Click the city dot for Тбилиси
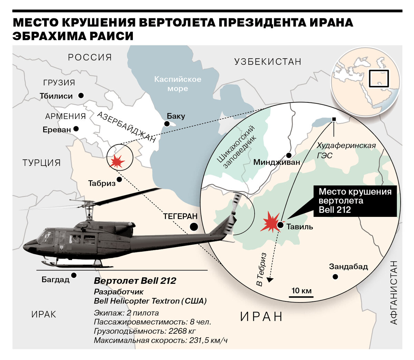[81, 96]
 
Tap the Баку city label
[176, 116]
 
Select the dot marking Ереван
[76, 129]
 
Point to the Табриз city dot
[119, 179]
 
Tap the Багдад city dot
[74, 275]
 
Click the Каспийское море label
[178, 84]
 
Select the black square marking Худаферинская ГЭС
[334, 119]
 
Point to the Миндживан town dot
[289, 156]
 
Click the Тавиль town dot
[280, 226]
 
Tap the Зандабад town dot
[335, 277]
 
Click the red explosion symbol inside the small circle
[116, 161]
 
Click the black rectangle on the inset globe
[378, 78]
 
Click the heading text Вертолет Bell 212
[135, 281]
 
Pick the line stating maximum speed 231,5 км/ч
[161, 340]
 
